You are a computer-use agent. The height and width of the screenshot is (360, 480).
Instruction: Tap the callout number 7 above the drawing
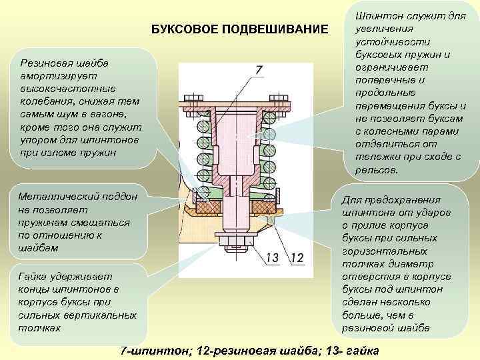pos(258,69)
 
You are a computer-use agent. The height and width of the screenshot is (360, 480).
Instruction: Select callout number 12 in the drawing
pos(297,257)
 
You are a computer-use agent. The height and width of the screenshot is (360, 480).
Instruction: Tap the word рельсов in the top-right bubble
pos(377,170)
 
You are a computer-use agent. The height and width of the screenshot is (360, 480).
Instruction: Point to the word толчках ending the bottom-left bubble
pos(39,327)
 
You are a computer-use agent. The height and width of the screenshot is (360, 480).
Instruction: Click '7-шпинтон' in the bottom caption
pos(151,350)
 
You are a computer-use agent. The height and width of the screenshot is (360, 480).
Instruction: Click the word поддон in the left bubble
pos(118,197)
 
